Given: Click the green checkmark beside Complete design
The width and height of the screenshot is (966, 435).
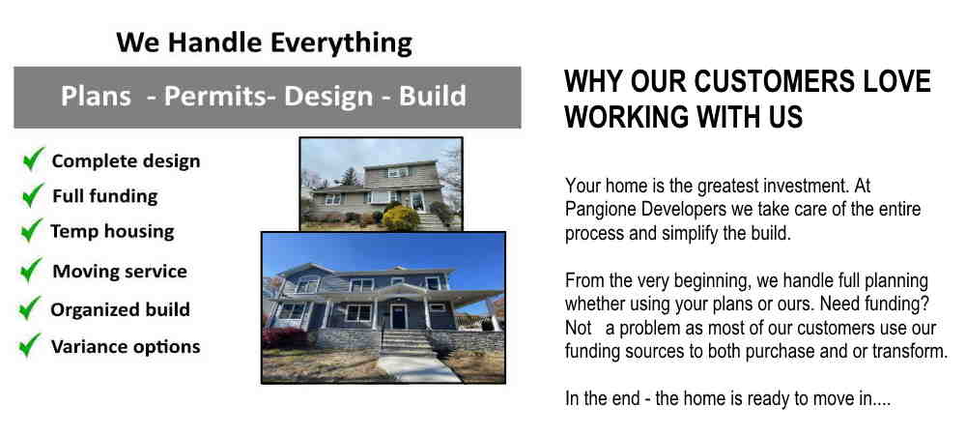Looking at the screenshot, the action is click(x=33, y=159).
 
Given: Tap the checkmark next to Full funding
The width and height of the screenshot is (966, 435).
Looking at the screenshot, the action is click(x=33, y=194).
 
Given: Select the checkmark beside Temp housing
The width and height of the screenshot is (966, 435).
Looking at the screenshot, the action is click(x=32, y=230).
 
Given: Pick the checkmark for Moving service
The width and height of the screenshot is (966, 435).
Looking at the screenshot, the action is click(x=31, y=270).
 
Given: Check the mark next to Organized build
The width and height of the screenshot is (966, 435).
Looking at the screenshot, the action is click(x=30, y=308).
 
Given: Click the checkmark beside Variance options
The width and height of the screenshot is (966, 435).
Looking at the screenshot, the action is click(x=30, y=345).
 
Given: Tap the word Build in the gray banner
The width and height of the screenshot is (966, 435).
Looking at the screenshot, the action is click(x=433, y=96).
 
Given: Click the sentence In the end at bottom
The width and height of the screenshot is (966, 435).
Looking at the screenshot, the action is click(x=727, y=398).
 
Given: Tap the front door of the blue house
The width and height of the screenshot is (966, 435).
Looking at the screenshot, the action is click(x=399, y=316).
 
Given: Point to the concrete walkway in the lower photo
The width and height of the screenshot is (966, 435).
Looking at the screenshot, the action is click(x=418, y=368).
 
